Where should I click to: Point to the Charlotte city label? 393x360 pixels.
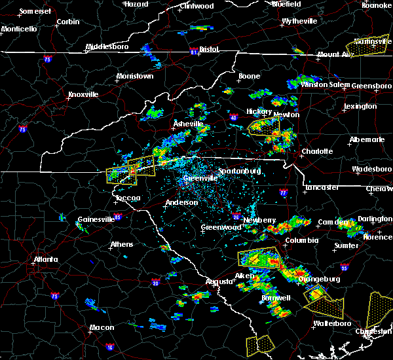click(x=317, y=151)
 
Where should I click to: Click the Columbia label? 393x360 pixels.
click(x=301, y=240)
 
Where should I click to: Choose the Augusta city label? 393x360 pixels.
click(x=219, y=281)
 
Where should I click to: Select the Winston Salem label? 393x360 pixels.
click(x=322, y=84)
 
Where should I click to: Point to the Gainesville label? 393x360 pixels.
click(x=96, y=219)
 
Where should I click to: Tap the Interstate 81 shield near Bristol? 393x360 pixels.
click(x=193, y=50)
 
